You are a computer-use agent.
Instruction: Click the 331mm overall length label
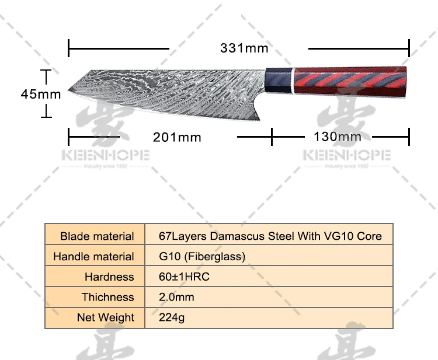244,48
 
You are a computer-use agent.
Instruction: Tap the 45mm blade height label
41,93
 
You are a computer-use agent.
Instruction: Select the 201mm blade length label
177,137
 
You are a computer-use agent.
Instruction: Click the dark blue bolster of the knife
278,81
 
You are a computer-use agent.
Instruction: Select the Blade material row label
97,236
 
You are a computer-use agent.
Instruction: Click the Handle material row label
93,257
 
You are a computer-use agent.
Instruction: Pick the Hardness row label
109,277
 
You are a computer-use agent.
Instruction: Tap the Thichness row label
107,298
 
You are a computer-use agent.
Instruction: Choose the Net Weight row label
105,318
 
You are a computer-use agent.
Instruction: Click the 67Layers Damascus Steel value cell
270,236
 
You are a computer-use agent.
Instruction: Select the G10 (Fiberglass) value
202,257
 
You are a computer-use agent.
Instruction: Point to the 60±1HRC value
184,277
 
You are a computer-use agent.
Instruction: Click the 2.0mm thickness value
176,298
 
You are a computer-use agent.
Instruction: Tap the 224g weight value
172,318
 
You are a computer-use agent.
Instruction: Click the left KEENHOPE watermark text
105,156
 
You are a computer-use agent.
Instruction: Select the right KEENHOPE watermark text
346,156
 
